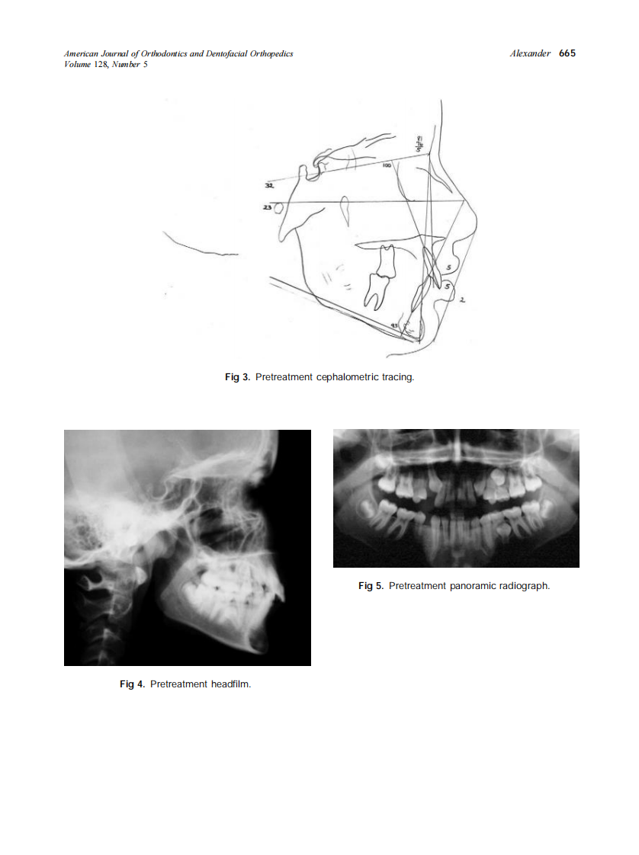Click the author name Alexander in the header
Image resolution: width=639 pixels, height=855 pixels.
click(530, 53)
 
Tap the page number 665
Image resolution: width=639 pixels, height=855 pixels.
click(567, 53)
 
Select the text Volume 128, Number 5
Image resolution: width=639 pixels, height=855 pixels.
click(106, 64)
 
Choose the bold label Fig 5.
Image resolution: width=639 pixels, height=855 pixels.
click(371, 586)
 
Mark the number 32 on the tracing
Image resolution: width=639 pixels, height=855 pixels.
click(269, 185)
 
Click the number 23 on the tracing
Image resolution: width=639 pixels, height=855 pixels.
click(267, 207)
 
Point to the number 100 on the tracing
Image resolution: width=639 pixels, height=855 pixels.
click(387, 165)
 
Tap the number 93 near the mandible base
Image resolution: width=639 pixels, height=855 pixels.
click(395, 325)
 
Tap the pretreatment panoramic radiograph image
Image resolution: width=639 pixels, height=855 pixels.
click(456, 498)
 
